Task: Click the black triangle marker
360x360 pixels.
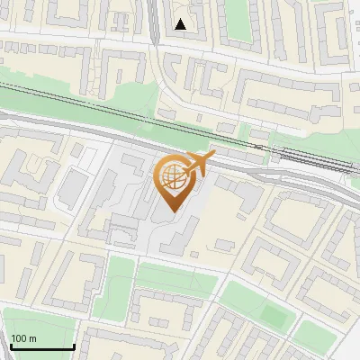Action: coord(182,24)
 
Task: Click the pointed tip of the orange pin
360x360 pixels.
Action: coord(173,212)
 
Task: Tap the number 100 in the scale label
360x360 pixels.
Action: coord(20,338)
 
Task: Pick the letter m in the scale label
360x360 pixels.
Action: coord(33,338)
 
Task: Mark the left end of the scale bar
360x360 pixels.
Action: coord(10,347)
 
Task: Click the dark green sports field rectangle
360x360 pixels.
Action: coord(271,314)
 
